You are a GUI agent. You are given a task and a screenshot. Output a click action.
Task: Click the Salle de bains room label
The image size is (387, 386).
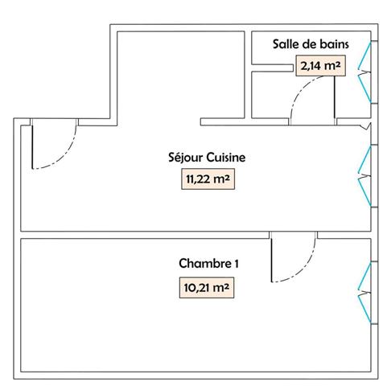(x=310, y=45)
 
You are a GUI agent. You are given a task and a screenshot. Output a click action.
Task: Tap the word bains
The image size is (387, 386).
(x=331, y=45)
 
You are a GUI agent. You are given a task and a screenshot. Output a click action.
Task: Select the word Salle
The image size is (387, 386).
(x=286, y=45)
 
